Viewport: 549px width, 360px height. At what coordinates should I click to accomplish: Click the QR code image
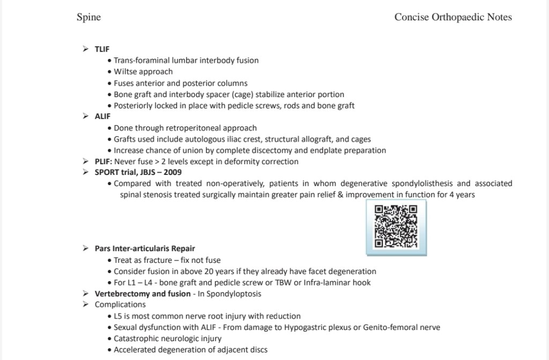tap(396, 226)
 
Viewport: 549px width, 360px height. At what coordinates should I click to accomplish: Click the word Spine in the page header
tap(88, 17)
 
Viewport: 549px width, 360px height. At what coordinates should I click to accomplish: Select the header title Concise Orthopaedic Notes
tap(453, 17)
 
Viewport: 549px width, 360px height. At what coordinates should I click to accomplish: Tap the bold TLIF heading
tap(102, 49)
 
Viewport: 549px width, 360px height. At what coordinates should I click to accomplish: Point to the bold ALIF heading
tap(102, 116)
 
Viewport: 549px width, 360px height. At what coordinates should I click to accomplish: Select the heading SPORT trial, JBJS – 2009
tap(138, 172)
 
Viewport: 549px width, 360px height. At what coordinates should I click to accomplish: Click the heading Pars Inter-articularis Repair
tap(145, 248)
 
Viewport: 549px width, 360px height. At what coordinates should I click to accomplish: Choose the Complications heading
tap(120, 305)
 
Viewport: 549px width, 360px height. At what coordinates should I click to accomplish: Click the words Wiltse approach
tap(143, 71)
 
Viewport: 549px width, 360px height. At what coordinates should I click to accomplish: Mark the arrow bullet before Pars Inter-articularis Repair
tap(85, 248)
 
